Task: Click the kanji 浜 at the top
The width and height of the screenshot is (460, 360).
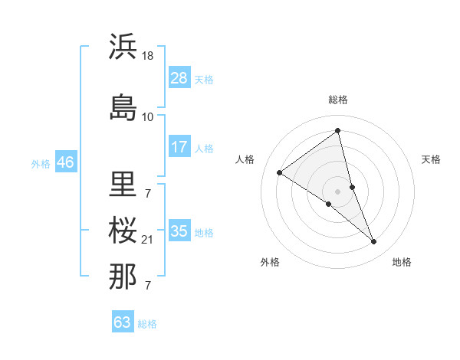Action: pyautogui.click(x=123, y=47)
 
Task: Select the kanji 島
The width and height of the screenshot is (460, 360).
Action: pyautogui.click(x=123, y=108)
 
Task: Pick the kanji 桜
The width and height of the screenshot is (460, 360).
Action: pyautogui.click(x=123, y=230)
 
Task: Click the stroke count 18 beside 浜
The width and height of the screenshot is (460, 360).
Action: pyautogui.click(x=148, y=56)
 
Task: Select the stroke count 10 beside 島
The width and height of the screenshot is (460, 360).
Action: pyautogui.click(x=148, y=117)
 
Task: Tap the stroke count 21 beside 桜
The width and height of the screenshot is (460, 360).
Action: pyautogui.click(x=148, y=240)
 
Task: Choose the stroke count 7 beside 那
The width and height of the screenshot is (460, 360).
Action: pyautogui.click(x=147, y=286)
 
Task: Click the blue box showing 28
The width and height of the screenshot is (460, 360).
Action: pyautogui.click(x=179, y=78)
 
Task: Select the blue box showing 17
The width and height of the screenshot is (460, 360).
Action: pyautogui.click(x=179, y=147)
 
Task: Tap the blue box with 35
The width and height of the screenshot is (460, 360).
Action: pyautogui.click(x=179, y=231)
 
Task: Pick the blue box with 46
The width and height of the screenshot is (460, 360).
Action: pyautogui.click(x=65, y=162)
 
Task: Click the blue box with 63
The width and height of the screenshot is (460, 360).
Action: pyautogui.click(x=122, y=322)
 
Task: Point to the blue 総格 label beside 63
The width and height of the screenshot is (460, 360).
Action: pyautogui.click(x=147, y=324)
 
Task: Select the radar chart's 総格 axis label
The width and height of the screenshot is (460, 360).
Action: pyautogui.click(x=337, y=100)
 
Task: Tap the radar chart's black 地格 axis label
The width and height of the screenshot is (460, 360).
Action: pyautogui.click(x=402, y=262)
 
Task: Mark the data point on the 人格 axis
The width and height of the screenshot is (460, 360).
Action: pyautogui.click(x=280, y=173)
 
